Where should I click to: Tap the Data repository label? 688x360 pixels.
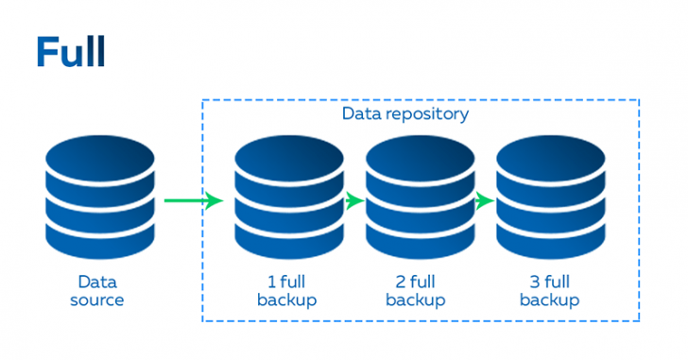(404, 113)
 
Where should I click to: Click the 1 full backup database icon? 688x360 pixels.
(287, 199)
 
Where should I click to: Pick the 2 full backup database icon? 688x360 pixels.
(419, 199)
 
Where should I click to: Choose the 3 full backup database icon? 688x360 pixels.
(550, 199)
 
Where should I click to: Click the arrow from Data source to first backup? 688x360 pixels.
(193, 200)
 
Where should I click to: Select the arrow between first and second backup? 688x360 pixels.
(353, 200)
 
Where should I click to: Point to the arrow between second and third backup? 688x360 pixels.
(485, 200)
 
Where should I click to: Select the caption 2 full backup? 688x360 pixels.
(418, 291)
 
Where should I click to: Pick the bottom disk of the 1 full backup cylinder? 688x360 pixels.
(287, 238)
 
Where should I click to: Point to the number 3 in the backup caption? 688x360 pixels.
(527, 282)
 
